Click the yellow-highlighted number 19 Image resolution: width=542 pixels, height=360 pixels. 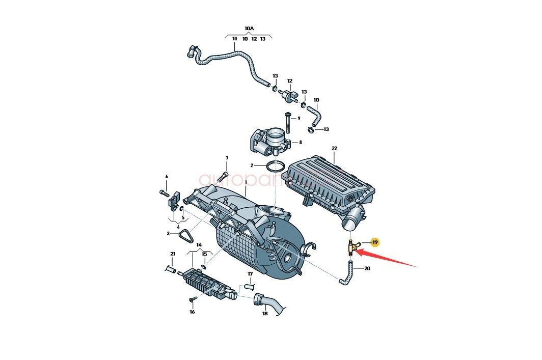pos(375,242)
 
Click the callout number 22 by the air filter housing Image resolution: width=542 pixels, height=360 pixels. pos(335,149)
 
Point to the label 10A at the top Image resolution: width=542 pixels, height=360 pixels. pos(249,29)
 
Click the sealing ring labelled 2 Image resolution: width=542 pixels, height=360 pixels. pos(276,165)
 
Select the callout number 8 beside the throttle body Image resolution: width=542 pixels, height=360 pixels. pos(300,143)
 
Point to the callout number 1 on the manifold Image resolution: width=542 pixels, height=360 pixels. pos(245,182)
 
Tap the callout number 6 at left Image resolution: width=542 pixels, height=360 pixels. pos(166,177)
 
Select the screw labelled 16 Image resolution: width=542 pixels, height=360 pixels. pos(193,299)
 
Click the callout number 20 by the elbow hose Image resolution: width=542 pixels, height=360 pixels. pos(367,268)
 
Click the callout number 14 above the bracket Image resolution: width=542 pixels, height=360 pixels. pos(199,245)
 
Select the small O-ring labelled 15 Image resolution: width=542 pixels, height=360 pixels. pos(204,266)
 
